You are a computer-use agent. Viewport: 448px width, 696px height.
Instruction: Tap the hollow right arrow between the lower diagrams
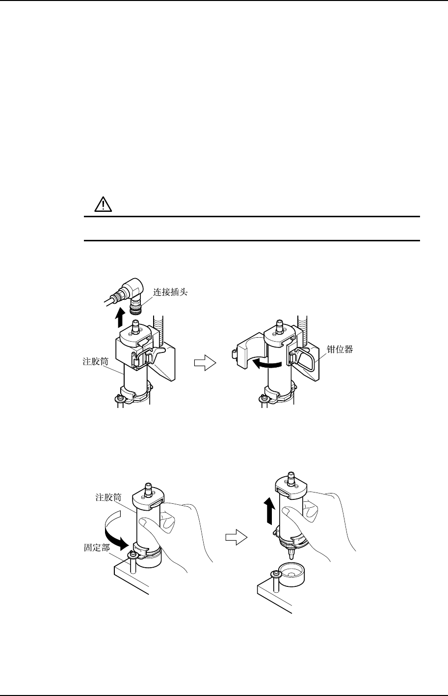235,538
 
